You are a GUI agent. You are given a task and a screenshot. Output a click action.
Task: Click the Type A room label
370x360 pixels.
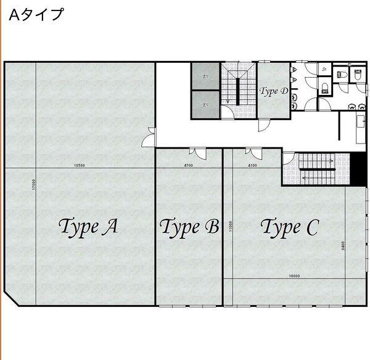point(88,227)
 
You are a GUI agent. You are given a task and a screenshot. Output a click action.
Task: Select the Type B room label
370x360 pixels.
point(189,227)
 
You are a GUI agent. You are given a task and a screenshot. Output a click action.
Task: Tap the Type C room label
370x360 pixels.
point(289,227)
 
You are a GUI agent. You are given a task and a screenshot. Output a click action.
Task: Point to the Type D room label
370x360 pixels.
point(274,91)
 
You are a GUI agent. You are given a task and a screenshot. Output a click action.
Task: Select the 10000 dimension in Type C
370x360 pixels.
point(294,276)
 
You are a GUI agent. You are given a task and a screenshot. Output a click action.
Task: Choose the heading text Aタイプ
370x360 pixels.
point(36,15)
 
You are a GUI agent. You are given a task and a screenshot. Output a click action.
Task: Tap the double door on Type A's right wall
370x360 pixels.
point(149,137)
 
